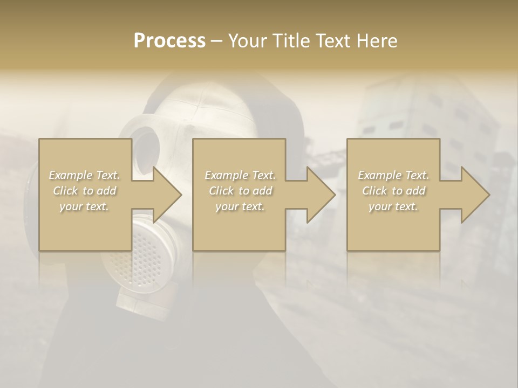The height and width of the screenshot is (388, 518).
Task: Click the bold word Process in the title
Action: (169, 41)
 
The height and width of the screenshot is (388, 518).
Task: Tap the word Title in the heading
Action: (291, 41)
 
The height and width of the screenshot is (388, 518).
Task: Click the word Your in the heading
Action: (248, 41)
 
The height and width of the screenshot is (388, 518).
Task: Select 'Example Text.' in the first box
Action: (84, 175)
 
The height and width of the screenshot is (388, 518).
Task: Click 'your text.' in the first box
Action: (84, 206)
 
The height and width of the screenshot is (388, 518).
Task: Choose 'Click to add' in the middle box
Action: (240, 191)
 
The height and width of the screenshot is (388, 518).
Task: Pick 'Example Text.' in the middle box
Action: (240, 175)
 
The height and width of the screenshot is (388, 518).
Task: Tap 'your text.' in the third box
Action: (393, 206)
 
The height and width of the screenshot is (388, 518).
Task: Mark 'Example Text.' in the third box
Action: (393, 175)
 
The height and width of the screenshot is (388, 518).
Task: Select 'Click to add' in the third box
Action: (393, 191)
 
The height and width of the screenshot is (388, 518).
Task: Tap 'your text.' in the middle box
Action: (240, 206)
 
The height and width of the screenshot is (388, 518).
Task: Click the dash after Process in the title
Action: (216, 41)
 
